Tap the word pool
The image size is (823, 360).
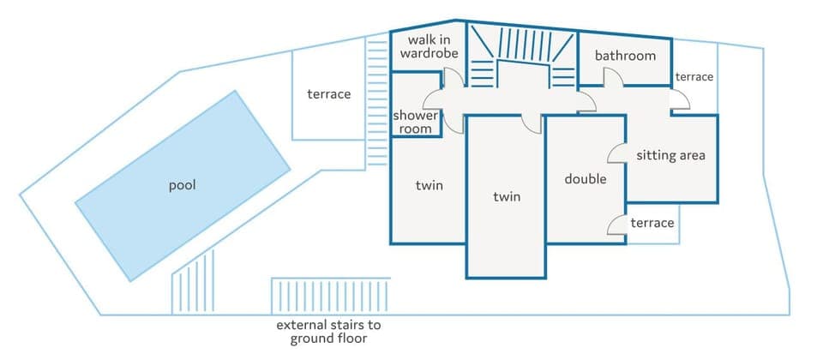pos(183,185)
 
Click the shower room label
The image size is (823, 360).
pos(416,123)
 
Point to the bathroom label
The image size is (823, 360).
pos(625,57)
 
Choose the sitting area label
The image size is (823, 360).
pos(670,155)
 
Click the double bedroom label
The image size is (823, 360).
pos(586,179)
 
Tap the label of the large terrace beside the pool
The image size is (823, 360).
pos(329,94)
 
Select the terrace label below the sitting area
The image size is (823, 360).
pos(652,223)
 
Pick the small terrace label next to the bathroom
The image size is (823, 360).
pos(694,77)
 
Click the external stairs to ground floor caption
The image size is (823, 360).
pos(328,332)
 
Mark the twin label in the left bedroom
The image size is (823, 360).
pos(429,186)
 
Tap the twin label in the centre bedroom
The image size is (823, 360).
pos(507,196)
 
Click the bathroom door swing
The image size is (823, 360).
pos(614,78)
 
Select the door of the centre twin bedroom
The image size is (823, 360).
pos(532,123)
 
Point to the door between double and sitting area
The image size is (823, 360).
pos(618,153)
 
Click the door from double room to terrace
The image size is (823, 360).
pos(617,225)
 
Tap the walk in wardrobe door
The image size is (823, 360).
pos(454,76)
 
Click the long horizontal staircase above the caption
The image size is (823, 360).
pos(330,297)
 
